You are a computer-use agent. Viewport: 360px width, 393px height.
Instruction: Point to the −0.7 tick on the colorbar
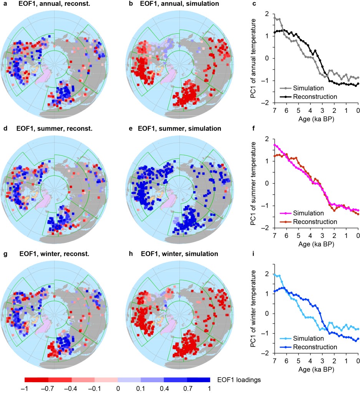point(48,388)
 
